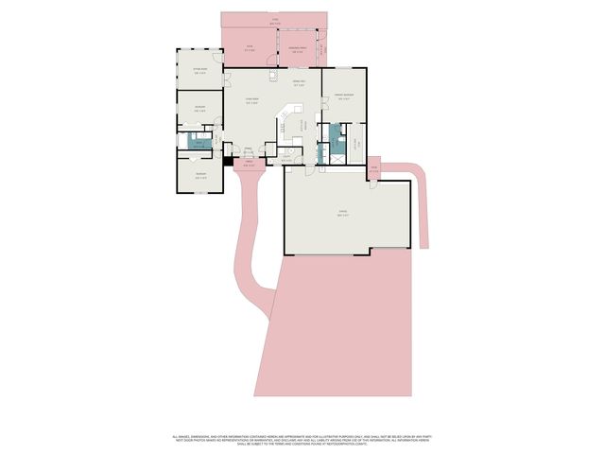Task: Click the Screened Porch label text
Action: point(296,49)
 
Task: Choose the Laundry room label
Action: point(300,159)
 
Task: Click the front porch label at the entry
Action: point(250,165)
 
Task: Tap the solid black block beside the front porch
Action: point(228,161)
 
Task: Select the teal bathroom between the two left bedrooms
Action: point(198,142)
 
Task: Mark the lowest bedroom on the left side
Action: point(200,176)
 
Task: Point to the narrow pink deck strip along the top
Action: point(275,19)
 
